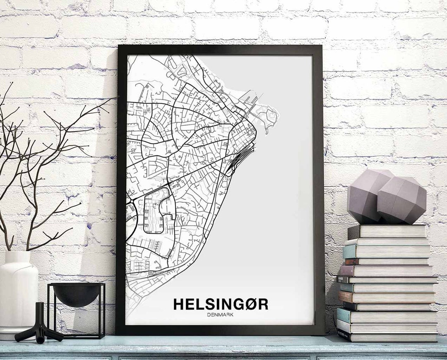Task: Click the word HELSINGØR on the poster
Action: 221,304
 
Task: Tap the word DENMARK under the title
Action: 221,314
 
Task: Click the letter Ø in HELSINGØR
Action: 250,304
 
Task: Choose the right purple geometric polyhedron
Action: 401,201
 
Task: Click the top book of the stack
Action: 387,231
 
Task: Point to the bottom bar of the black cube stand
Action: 77,336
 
